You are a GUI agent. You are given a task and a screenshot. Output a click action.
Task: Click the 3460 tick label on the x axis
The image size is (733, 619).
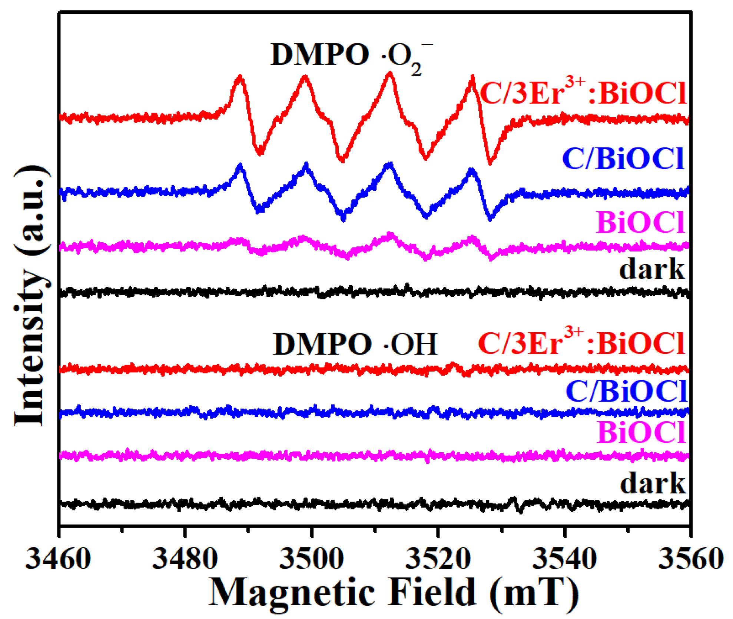tap(58, 559)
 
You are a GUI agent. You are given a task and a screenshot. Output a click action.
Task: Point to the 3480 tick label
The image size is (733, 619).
tap(185, 559)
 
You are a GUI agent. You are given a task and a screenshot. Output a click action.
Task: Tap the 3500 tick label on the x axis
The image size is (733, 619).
tap(312, 559)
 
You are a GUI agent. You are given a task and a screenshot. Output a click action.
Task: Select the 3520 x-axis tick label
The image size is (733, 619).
tap(438, 559)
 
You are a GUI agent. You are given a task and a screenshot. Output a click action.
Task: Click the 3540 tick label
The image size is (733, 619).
tap(564, 559)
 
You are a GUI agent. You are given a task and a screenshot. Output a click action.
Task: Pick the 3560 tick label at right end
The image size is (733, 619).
tap(691, 559)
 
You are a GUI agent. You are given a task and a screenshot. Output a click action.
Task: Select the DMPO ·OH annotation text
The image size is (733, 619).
tap(355, 345)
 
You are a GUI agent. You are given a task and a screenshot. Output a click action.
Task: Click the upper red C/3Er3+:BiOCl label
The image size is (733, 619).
tap(583, 93)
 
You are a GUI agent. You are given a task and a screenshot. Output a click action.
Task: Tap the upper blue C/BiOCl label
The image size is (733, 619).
tap(623, 159)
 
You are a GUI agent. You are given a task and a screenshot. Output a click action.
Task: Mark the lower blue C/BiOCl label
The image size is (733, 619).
tap(626, 391)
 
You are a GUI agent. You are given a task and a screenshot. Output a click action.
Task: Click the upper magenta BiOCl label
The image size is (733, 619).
tap(640, 223)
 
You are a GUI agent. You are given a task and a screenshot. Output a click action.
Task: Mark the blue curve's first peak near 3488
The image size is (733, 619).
tap(241, 166)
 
